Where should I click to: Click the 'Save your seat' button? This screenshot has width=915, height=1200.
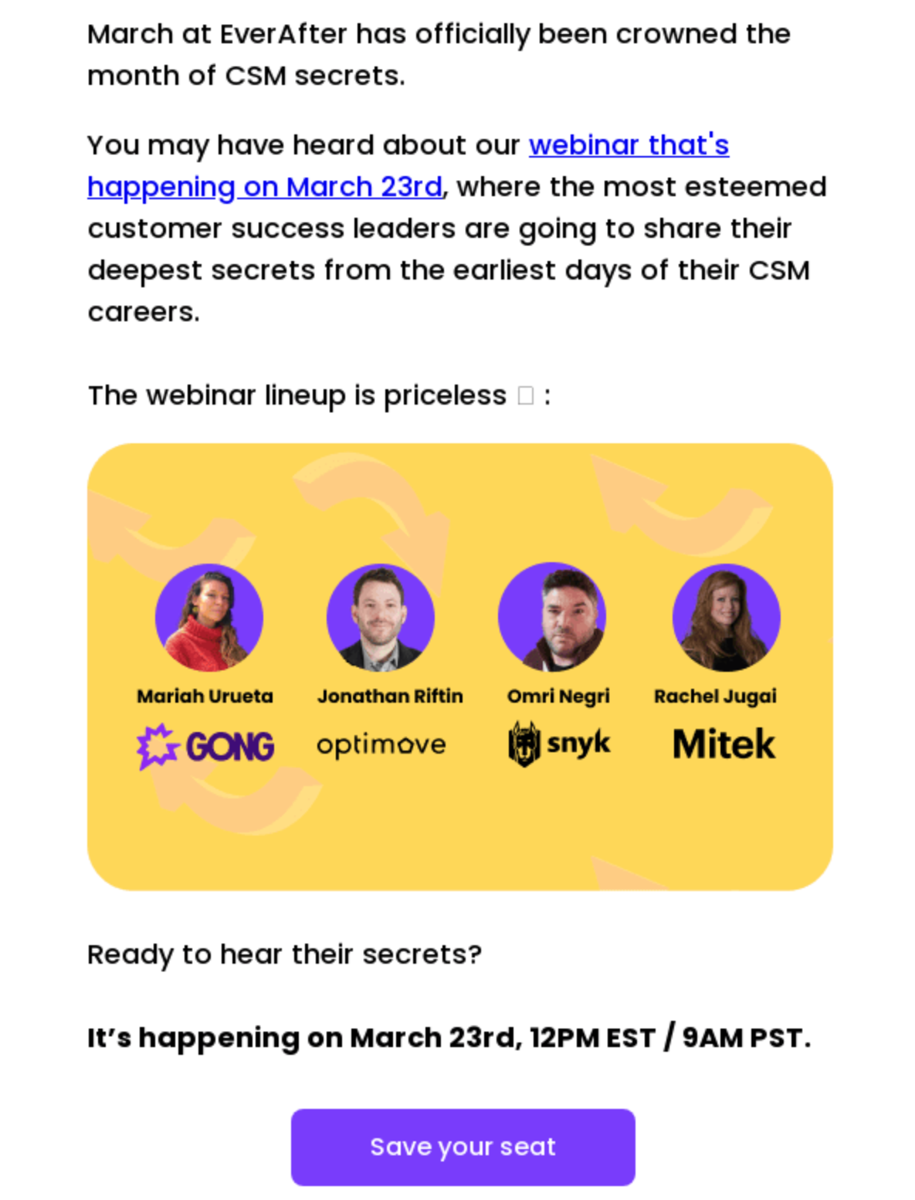tap(463, 1147)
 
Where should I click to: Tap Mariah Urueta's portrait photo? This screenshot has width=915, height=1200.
tap(208, 618)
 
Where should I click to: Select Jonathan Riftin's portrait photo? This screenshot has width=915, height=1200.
tap(380, 618)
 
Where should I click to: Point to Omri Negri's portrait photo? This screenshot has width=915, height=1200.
tap(551, 618)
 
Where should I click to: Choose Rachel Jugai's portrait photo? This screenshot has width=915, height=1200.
tap(726, 618)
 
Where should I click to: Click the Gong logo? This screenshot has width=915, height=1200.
tap(205, 746)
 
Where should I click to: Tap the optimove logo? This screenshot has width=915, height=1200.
tap(381, 744)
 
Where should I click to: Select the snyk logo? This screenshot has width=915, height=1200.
tap(559, 744)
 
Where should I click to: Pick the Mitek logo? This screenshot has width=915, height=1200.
tap(724, 744)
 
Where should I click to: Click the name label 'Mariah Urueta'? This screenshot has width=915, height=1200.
tap(205, 696)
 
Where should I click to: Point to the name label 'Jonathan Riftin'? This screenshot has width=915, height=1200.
tap(390, 696)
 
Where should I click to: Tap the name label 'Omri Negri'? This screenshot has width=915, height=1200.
tap(558, 696)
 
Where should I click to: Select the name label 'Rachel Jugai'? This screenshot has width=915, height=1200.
tap(715, 696)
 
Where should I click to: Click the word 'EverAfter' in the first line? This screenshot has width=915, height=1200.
tap(283, 35)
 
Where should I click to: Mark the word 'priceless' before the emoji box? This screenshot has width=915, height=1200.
tap(445, 395)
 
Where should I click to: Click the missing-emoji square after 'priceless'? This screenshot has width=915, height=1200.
tap(526, 396)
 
